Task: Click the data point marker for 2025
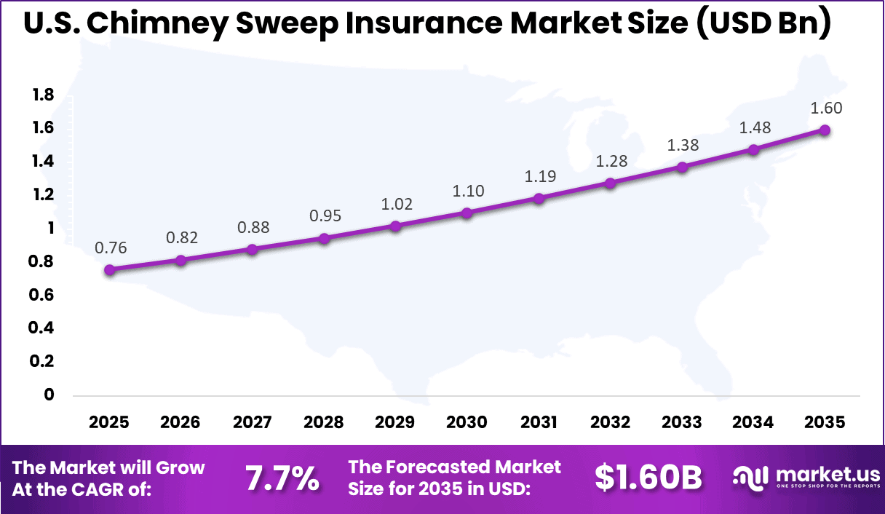pyautogui.click(x=110, y=270)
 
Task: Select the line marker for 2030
pyautogui.click(x=467, y=213)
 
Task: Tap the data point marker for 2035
pyautogui.click(x=825, y=130)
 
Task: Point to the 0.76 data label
pyautogui.click(x=111, y=248)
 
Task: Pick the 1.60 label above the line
pyautogui.click(x=826, y=108)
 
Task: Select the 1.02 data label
pyautogui.click(x=397, y=204)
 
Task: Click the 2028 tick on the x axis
pyautogui.click(x=324, y=423)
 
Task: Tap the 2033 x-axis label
pyautogui.click(x=682, y=423)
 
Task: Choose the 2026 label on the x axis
pyautogui.click(x=181, y=423)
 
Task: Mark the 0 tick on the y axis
pyautogui.click(x=49, y=395)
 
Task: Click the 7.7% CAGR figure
pyautogui.click(x=282, y=478)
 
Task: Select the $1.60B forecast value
pyautogui.click(x=648, y=478)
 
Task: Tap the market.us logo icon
pyautogui.click(x=750, y=478)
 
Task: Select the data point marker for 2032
pyautogui.click(x=610, y=183)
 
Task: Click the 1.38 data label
pyautogui.click(x=683, y=145)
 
